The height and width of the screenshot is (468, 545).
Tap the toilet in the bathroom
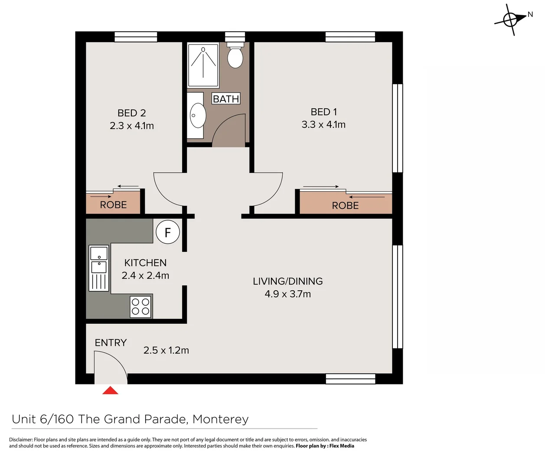(x=235, y=56)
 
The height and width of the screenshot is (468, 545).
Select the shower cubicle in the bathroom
(x=203, y=65)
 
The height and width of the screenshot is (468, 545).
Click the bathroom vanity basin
(x=197, y=116)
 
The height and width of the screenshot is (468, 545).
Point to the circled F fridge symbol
(x=168, y=232)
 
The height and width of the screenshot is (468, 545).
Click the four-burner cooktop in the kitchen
(x=140, y=306)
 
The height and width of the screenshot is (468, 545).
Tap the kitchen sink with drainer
(x=98, y=268)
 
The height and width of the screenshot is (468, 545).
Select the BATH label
(x=226, y=99)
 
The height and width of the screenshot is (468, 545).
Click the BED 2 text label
(x=132, y=113)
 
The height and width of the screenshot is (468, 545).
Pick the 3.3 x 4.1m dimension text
(x=323, y=125)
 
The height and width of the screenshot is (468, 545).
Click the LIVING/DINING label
(x=288, y=281)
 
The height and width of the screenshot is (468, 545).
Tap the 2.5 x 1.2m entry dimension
(x=166, y=350)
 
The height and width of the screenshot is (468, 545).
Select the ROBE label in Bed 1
(x=345, y=205)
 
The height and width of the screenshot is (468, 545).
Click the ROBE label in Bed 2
(x=113, y=205)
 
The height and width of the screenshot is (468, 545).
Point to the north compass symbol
(x=511, y=19)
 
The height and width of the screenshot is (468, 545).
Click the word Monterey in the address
(x=221, y=419)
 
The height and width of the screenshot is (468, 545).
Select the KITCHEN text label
(x=145, y=263)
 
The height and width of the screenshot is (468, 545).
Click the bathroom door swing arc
(x=228, y=130)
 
